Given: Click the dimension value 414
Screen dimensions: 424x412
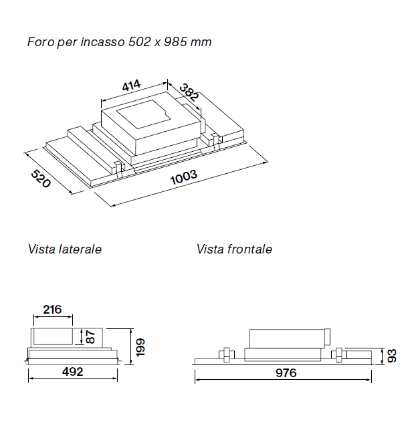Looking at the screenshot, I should pyautogui.click(x=131, y=86).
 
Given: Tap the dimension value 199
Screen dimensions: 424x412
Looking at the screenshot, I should pyautogui.click(x=140, y=346).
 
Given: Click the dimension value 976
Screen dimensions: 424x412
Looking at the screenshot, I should pyautogui.click(x=285, y=373).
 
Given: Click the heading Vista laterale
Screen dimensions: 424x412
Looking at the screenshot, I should pyautogui.click(x=65, y=249).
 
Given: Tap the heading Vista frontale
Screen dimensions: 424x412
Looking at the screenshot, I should pyautogui.click(x=234, y=249).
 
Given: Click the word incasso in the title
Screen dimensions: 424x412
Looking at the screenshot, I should pyautogui.click(x=102, y=42).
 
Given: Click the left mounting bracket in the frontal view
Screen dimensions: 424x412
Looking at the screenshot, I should pyautogui.click(x=226, y=354).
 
